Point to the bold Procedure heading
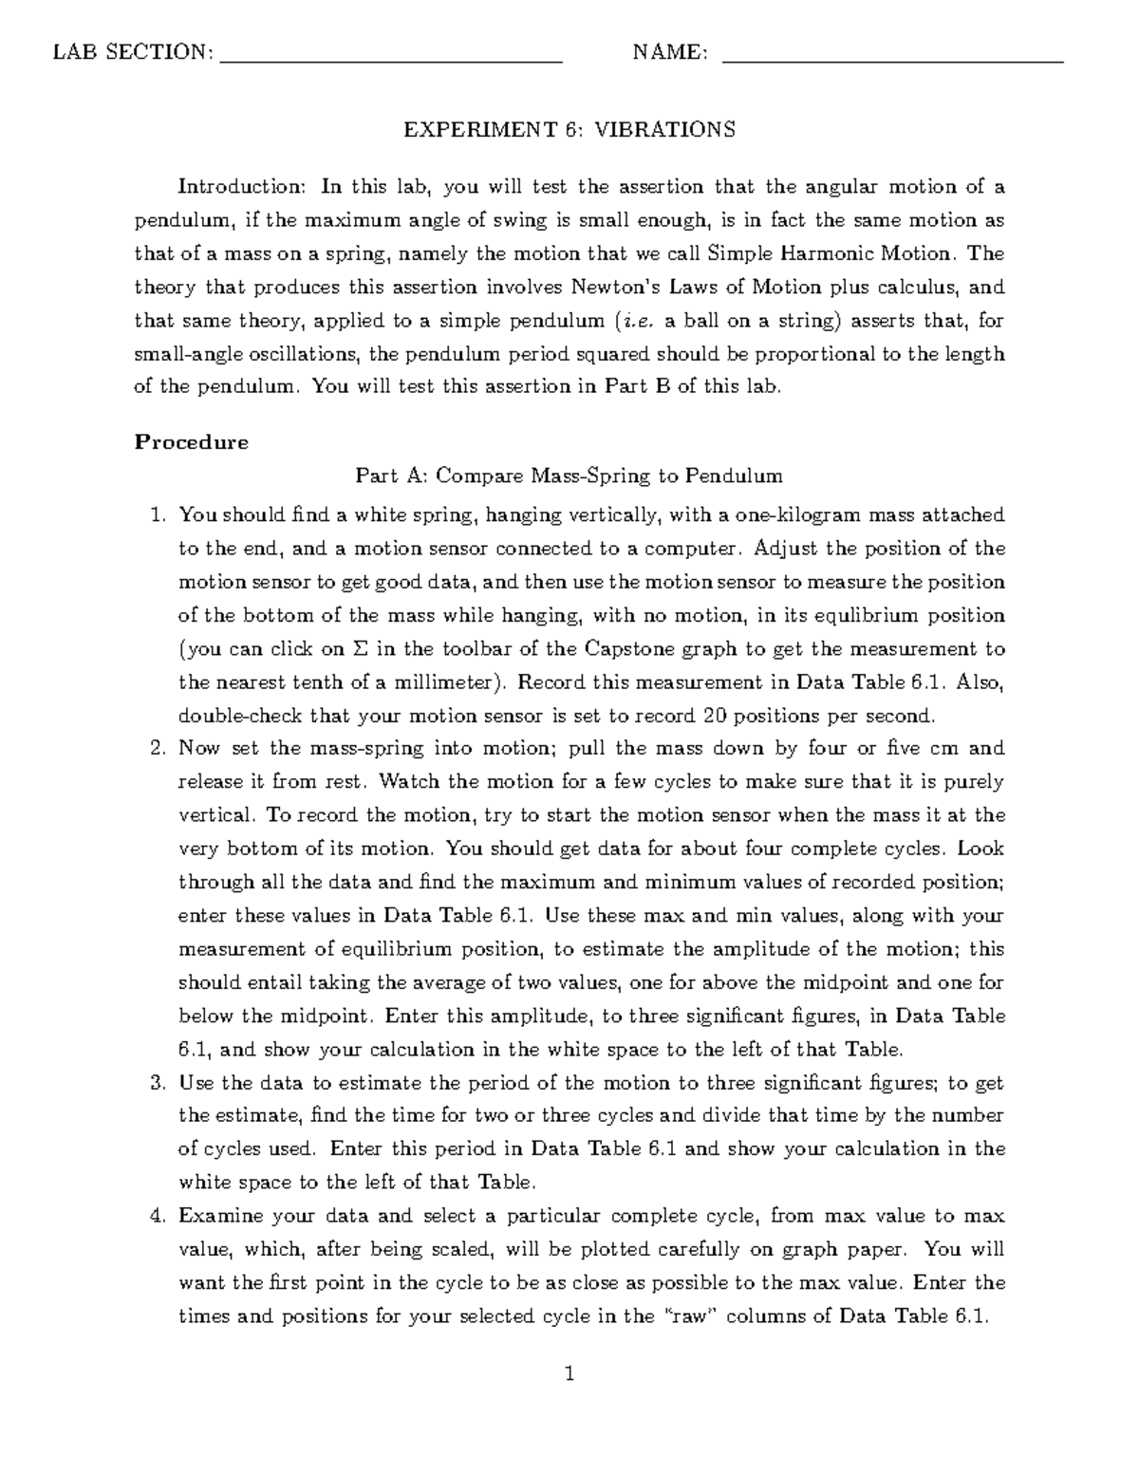click(191, 442)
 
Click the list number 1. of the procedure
click(159, 515)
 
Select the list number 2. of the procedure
click(159, 748)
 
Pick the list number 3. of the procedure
click(159, 1083)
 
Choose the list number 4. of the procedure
click(159, 1216)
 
